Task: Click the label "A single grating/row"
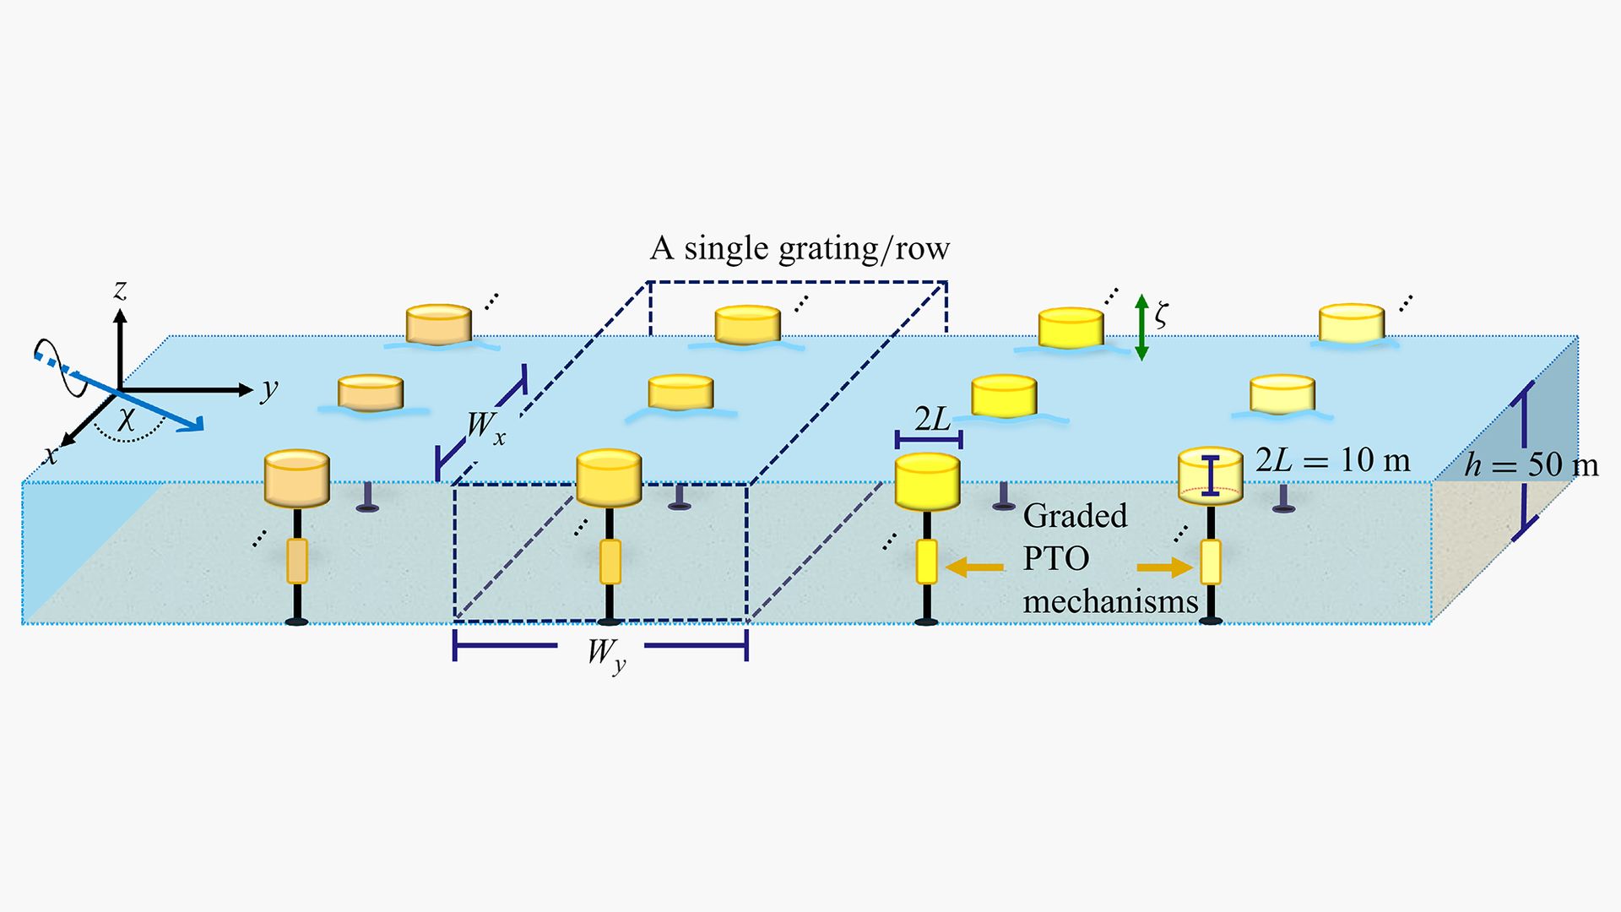[800, 248]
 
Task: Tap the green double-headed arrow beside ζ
[1141, 328]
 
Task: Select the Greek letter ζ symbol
[1162, 316]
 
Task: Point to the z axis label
[121, 290]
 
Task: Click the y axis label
[269, 389]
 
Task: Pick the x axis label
[52, 455]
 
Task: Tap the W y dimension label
[607, 654]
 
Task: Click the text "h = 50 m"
[1531, 465]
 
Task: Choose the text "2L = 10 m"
[1333, 460]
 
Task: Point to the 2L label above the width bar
[932, 419]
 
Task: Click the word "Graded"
[1075, 515]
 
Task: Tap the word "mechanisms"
[1110, 601]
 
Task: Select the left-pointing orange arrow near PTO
[975, 567]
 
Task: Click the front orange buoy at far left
[296, 478]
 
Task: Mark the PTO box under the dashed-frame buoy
[610, 562]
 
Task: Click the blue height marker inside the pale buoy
[1212, 475]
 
